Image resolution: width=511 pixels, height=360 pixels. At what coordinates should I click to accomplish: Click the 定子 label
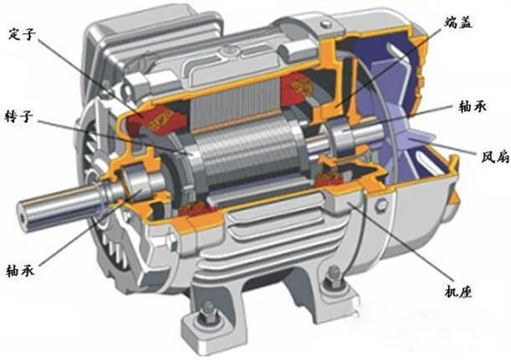[21, 34]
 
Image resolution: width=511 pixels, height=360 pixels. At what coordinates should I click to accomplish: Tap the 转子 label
[19, 116]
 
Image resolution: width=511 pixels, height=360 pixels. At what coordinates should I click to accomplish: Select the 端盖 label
[459, 22]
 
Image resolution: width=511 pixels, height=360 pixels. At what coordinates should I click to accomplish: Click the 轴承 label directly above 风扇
[473, 106]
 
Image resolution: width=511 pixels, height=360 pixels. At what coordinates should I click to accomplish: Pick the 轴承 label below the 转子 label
[20, 270]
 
